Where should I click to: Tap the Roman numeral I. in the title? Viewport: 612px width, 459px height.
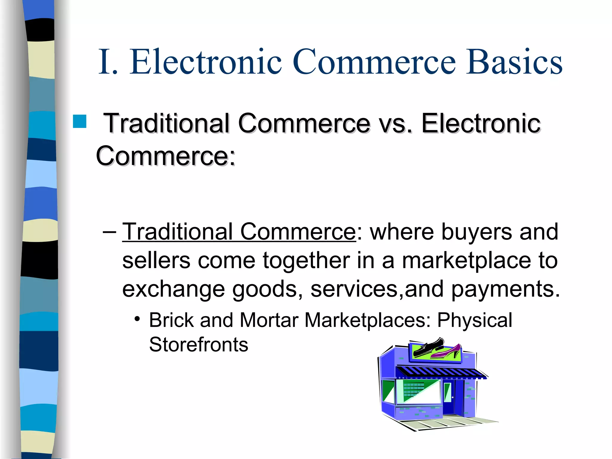coord(108,62)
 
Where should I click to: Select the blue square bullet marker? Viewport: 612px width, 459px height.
coord(79,121)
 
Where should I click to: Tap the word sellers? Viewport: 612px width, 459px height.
coord(156,260)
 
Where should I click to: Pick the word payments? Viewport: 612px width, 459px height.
coord(505,289)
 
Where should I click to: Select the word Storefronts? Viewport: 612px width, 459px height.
coord(198,345)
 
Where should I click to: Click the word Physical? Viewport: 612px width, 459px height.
coord(475,320)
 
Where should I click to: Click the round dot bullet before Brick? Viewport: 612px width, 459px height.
coord(137,319)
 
